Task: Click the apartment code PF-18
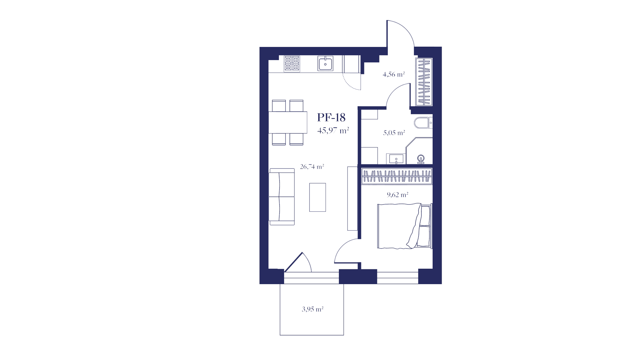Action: pos(331,117)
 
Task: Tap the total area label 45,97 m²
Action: pos(333,130)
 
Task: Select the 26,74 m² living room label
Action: pos(312,167)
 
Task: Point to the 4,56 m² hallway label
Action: pos(394,74)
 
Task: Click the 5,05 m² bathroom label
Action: pos(394,133)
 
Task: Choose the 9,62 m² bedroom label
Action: pos(397,195)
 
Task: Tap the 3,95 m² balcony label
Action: pos(312,309)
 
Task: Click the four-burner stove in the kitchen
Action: pos(292,64)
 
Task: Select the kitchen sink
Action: pos(325,63)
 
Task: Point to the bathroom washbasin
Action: pos(396,159)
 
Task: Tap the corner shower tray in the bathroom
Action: pos(419,151)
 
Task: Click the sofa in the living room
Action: pos(282,197)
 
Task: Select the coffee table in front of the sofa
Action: pos(317,197)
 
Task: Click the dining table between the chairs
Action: pos(288,122)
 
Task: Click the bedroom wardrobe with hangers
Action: pos(397,176)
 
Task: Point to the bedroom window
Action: pos(398,278)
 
